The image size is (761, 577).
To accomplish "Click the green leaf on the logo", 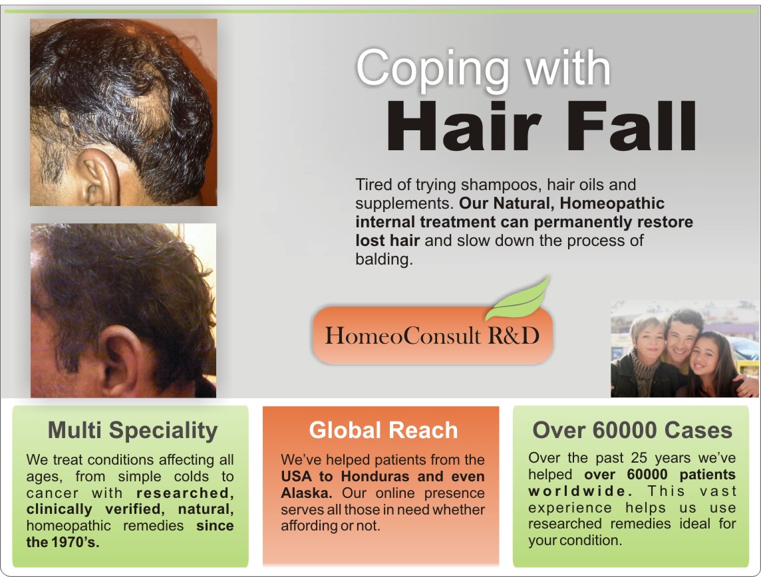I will point(518,300).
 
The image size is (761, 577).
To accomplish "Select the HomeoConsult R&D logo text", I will point(432,335).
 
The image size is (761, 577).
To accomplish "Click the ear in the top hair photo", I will point(96,176).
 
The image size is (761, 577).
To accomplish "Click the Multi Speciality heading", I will point(132,431).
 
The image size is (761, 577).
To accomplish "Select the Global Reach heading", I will point(383,431).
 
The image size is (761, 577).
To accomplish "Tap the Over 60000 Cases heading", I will point(632,431).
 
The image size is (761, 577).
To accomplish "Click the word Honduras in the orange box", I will point(379,477).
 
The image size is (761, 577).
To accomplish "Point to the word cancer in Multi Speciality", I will point(51,493).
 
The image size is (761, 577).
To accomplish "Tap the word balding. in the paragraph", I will point(384,259).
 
